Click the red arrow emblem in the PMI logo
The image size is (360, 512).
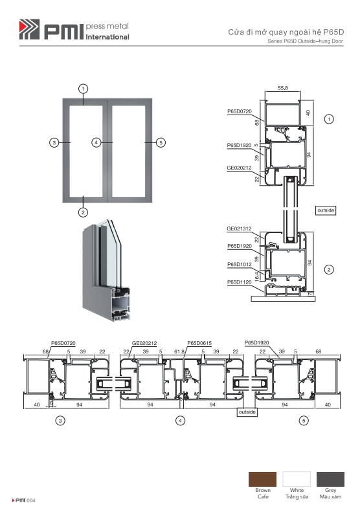tap(28, 29)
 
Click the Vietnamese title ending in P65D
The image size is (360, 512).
tap(286, 32)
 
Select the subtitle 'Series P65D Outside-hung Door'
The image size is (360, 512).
tap(305, 41)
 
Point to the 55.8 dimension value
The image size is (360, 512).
tap(283, 88)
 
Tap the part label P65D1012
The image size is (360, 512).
tap(240, 265)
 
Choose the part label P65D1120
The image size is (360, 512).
tap(240, 282)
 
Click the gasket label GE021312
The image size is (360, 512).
tap(239, 228)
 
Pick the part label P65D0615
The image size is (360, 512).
tap(199, 343)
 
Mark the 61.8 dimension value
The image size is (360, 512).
tap(179, 351)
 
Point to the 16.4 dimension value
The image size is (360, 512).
tap(257, 276)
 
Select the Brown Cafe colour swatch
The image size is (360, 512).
tap(262, 479)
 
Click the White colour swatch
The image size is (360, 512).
tap(297, 479)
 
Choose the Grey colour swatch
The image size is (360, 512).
tap(330, 479)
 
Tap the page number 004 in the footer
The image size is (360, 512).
tap(30, 500)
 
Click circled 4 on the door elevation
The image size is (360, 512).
tap(96, 142)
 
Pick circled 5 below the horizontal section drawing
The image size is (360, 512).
tap(304, 421)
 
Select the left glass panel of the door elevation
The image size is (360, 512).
tap(86, 151)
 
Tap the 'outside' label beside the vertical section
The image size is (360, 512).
tap(326, 210)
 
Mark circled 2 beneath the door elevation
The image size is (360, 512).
tap(83, 212)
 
